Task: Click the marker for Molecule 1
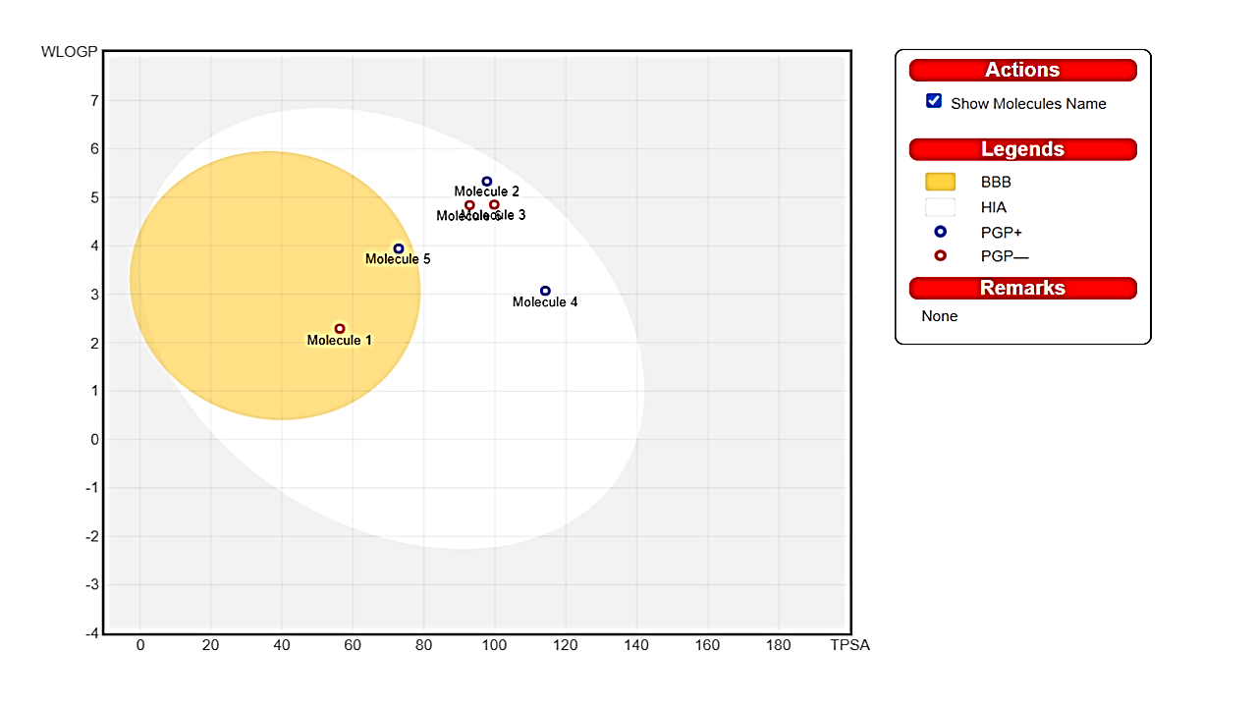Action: (340, 329)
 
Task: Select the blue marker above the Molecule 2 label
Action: (487, 182)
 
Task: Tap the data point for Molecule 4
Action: (545, 291)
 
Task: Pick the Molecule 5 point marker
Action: (399, 248)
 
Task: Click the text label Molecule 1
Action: (340, 341)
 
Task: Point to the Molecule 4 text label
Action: (545, 302)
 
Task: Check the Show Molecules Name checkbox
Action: (934, 101)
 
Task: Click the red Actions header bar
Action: (1022, 70)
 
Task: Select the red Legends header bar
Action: (1022, 149)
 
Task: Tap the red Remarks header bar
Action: (1022, 288)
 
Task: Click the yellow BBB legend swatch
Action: (940, 182)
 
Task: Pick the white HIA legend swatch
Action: (940, 207)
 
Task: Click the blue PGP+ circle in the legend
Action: (940, 232)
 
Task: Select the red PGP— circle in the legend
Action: (940, 255)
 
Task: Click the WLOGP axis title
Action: (69, 52)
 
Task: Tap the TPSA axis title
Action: (850, 645)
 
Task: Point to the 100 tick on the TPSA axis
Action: (494, 645)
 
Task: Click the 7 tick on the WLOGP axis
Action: (94, 100)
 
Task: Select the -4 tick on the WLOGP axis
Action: (91, 633)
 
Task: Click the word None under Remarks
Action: (940, 316)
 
